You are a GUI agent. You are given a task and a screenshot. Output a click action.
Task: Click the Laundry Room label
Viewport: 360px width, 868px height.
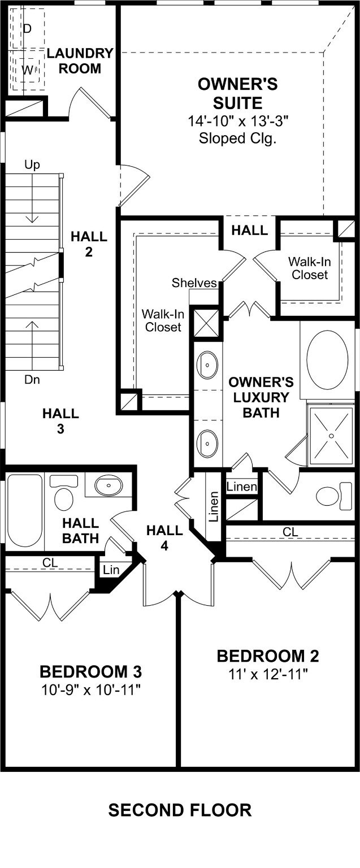[80, 60]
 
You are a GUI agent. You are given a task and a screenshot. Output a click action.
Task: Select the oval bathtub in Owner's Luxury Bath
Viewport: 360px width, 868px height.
[327, 360]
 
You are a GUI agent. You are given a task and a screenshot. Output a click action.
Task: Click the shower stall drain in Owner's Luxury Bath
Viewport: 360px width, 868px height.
[331, 436]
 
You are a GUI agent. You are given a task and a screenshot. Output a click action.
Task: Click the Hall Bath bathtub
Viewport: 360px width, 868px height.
[25, 510]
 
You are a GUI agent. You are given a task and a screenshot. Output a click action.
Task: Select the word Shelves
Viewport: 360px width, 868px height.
[194, 283]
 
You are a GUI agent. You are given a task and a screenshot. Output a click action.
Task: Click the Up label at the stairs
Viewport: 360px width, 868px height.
[32, 165]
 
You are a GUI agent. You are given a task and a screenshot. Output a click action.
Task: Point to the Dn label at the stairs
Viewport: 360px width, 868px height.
[32, 380]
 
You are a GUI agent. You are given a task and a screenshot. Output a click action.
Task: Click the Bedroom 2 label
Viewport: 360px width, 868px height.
[268, 656]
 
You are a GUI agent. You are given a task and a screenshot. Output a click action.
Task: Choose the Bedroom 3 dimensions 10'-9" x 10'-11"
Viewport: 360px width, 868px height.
[90, 689]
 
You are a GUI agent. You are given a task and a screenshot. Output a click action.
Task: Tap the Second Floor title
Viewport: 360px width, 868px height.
[180, 810]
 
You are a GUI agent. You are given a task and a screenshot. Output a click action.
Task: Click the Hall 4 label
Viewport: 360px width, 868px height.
[164, 538]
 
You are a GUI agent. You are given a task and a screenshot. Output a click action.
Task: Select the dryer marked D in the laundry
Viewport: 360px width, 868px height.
[27, 29]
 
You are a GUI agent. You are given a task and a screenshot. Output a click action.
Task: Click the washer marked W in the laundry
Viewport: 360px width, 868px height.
[27, 70]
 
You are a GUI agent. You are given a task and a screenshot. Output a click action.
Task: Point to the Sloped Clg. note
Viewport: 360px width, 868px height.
[237, 138]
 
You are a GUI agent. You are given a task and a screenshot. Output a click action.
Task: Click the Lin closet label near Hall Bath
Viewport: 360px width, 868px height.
[111, 570]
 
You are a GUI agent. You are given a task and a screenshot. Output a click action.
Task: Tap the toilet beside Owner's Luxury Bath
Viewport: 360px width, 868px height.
[334, 496]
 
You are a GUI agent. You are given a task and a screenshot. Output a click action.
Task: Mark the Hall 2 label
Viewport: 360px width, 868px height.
[89, 244]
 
